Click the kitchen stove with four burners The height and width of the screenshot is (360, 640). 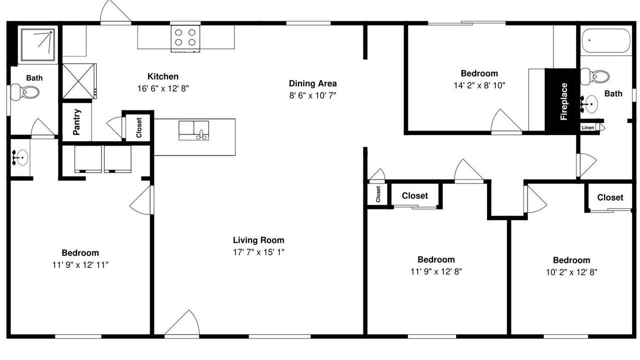pos(185,38)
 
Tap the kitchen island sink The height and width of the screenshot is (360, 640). pos(193,130)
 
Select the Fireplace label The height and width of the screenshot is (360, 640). pos(563,101)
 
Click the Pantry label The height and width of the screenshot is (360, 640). pos(76,121)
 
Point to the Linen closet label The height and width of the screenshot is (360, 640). pos(587,127)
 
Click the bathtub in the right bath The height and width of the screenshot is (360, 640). pos(606,40)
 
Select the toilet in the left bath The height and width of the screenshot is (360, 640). pos(24,92)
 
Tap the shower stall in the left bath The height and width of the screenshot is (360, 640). pos(37,44)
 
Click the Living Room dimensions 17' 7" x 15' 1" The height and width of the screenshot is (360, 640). pos(258,252)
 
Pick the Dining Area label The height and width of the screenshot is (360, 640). pos(312,83)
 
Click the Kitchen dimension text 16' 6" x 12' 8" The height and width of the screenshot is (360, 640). pos(163,88)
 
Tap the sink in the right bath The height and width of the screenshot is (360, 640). pos(589,104)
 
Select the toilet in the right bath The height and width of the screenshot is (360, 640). pos(595,76)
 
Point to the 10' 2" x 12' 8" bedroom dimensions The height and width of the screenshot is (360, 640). pos(571,272)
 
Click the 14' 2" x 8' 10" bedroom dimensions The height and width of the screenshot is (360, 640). pos(479,85)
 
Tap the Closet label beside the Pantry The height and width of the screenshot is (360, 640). pos(139,127)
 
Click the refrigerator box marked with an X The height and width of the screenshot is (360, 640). pos(79,81)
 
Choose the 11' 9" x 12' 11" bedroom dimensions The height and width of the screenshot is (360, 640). pos(80,265)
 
